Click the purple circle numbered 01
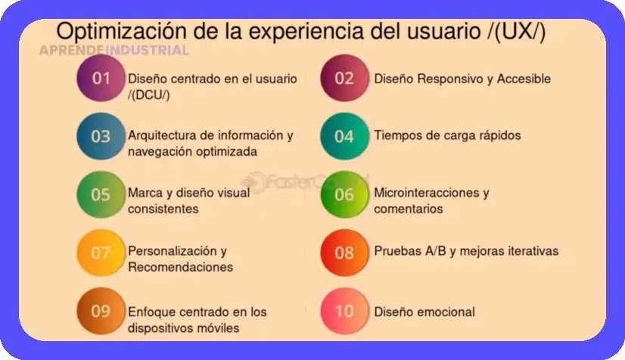click(x=101, y=79)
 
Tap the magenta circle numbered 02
click(x=344, y=79)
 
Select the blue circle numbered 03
click(x=101, y=137)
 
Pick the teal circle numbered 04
click(x=344, y=137)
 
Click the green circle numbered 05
click(x=101, y=194)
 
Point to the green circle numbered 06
click(x=344, y=194)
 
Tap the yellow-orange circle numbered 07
click(x=101, y=253)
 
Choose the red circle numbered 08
click(x=344, y=253)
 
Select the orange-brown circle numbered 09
click(x=101, y=311)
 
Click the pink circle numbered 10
click(x=344, y=311)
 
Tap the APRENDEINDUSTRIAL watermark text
click(x=113, y=51)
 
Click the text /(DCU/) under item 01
click(x=149, y=94)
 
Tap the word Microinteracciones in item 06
click(x=426, y=192)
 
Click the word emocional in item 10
click(x=447, y=312)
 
